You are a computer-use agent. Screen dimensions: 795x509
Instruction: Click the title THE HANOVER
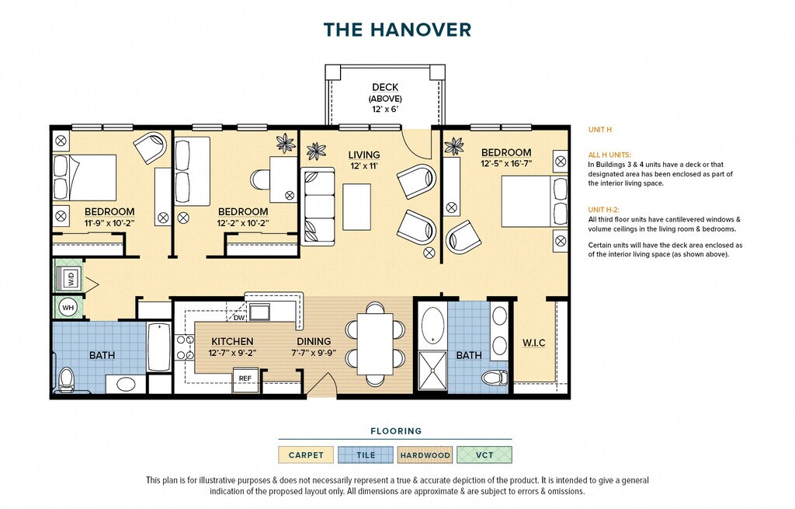397,30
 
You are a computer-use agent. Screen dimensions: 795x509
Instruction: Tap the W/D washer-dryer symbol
69,277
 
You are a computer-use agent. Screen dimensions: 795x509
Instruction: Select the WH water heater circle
68,308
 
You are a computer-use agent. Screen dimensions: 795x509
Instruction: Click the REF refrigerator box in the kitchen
245,378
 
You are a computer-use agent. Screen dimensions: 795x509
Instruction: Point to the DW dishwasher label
239,318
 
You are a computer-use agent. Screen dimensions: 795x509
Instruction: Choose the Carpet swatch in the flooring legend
306,455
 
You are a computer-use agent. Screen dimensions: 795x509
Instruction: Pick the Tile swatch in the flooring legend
366,455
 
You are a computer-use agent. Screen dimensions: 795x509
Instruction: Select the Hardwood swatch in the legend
425,455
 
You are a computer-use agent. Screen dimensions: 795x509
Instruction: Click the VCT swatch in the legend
484,455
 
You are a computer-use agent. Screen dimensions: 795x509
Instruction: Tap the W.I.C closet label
534,343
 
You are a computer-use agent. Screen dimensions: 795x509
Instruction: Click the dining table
375,344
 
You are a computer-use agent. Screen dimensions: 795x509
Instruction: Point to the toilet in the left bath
67,379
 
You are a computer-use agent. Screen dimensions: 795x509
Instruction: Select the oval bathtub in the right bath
432,324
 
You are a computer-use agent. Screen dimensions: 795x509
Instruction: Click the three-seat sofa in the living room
318,207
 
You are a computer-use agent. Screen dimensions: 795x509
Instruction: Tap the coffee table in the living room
356,207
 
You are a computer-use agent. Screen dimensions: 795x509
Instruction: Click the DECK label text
385,87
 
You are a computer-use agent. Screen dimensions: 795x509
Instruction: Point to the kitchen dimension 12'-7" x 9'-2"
231,353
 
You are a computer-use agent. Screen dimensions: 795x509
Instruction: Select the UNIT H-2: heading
603,210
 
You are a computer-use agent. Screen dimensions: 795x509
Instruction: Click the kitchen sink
259,312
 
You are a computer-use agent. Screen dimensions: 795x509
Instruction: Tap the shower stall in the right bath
432,371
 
